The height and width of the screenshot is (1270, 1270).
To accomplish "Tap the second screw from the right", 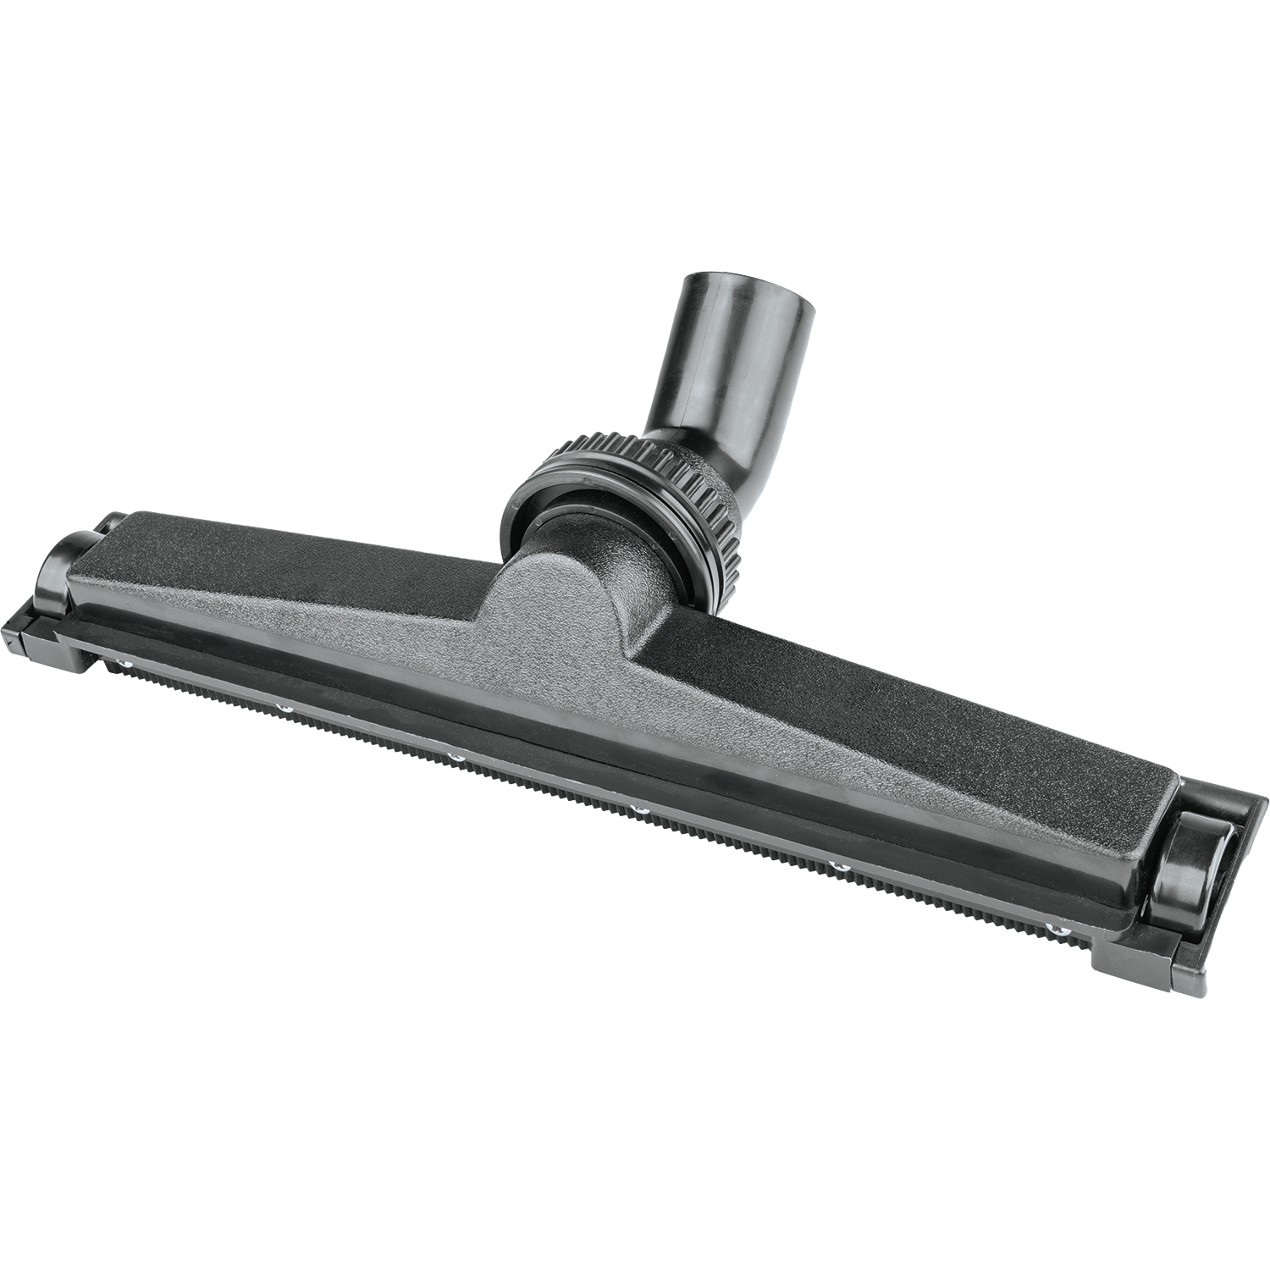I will click(x=841, y=866).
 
